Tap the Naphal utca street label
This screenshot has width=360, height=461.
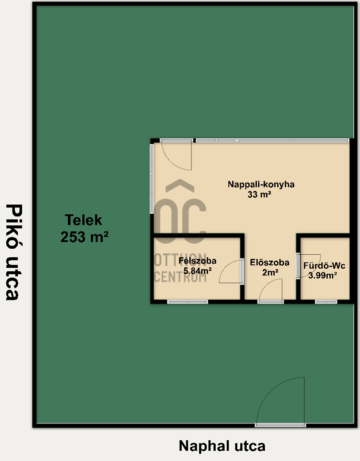tap(222, 446)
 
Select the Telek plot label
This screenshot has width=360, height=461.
tap(84, 220)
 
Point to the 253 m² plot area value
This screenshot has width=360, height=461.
tap(84, 237)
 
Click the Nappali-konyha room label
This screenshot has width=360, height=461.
tap(261, 184)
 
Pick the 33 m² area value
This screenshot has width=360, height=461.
tap(259, 194)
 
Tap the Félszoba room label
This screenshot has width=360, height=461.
tap(197, 261)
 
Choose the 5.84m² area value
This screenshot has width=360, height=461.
tap(197, 270)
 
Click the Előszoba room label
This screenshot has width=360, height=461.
tap(270, 262)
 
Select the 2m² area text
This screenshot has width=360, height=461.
tap(270, 273)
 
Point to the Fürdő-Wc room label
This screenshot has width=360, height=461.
tap(324, 266)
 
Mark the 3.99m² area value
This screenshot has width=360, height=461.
tap(323, 275)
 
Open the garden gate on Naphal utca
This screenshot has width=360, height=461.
tap(280, 402)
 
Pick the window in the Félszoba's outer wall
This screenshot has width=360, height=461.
tap(188, 302)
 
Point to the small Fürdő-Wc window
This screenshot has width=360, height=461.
tap(326, 302)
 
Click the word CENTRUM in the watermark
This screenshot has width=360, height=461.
tap(180, 277)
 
